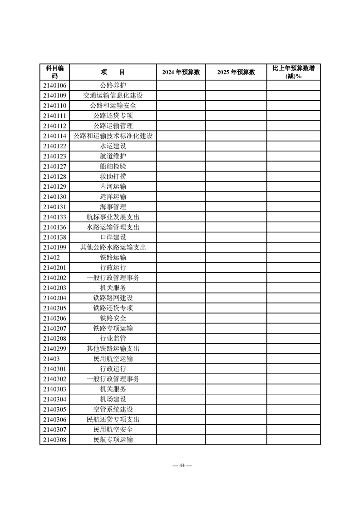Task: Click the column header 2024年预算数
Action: pyautogui.click(x=181, y=72)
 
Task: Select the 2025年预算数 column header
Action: pyautogui.click(x=236, y=72)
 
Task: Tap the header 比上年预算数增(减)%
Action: pyautogui.click(x=293, y=72)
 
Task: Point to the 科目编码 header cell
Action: pyautogui.click(x=54, y=72)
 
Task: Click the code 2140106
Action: pyautogui.click(x=54, y=85)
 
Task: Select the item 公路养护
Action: pyautogui.click(x=113, y=85)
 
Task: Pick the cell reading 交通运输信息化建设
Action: pyautogui.click(x=113, y=95)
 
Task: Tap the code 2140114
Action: pyautogui.click(x=54, y=136)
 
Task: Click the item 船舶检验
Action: pyautogui.click(x=113, y=166)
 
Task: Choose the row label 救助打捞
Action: pyautogui.click(x=113, y=176)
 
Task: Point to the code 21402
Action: pyautogui.click(x=51, y=258)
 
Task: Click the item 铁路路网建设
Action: pyautogui.click(x=113, y=298)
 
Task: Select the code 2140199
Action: pyautogui.click(x=54, y=247)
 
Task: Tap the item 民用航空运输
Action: pyautogui.click(x=113, y=359)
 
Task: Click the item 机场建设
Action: pyautogui.click(x=113, y=399)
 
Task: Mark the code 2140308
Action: pyautogui.click(x=54, y=440)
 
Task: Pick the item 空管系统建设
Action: pyautogui.click(x=113, y=409)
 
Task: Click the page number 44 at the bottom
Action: pyautogui.click(x=180, y=465)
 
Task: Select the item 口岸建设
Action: pyautogui.click(x=113, y=237)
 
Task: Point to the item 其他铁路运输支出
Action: pyautogui.click(x=113, y=349)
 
